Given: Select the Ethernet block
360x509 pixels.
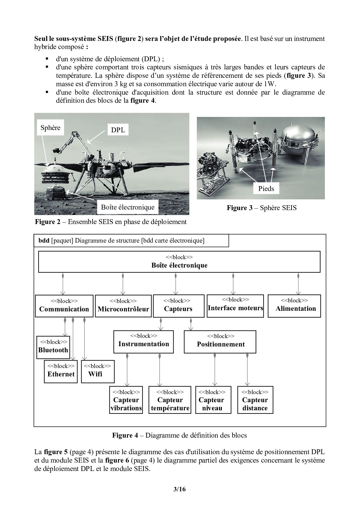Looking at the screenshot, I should coord(61,371).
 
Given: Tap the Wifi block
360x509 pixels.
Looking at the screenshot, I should coord(98,371).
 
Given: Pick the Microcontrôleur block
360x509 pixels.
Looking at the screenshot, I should coord(123,306).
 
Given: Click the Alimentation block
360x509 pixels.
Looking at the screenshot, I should coord(294,306).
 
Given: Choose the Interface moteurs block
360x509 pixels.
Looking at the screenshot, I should coord(235,306).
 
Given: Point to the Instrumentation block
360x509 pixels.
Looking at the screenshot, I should coord(143,341).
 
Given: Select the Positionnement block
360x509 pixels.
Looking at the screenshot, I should coord(220,342).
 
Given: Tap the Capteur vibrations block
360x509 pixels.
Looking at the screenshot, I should coord(126,400).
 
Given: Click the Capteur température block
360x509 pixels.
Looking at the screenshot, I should coord(170,400).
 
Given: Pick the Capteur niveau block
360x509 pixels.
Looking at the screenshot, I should coord(213,400).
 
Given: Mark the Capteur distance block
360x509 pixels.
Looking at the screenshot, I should coord(255,400).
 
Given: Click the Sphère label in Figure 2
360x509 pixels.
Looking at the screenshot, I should coord(51,128).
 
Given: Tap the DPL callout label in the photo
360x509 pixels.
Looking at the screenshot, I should coord(118,130).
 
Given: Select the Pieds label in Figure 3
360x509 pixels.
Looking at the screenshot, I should coord(266,189).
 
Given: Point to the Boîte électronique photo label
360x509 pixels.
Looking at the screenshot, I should coord(127,207).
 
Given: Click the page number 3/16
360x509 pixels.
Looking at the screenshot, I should coord(179,489).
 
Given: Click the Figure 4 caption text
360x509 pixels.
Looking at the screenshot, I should coord(179,435).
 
